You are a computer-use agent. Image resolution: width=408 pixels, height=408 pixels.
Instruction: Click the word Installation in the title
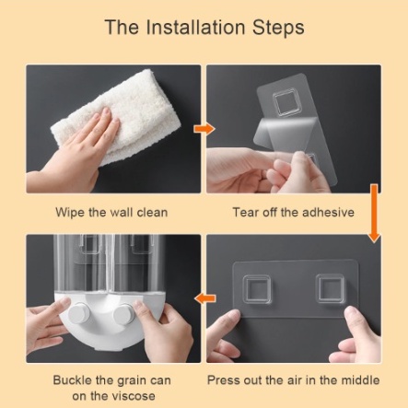195,27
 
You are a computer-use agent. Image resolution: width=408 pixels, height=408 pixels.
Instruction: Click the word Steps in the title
278,28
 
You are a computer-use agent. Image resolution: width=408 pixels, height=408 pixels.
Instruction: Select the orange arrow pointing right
204,129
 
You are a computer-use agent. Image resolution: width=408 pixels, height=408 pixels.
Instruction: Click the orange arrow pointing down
374,214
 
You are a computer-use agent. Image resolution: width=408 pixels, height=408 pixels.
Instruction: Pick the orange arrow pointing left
205,298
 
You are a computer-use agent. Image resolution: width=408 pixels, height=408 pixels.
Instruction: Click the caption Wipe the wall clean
111,213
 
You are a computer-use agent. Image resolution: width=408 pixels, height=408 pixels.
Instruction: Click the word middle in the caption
360,380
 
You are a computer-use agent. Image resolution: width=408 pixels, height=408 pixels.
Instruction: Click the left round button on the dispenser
79,312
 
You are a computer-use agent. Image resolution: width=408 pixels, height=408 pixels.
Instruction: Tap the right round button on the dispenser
124,314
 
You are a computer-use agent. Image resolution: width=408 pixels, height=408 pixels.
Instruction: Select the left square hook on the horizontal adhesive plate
257,290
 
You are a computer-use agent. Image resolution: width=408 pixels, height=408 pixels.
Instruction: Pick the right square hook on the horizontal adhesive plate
330,288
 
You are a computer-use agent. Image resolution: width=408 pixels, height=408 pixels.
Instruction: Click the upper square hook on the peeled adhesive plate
286,103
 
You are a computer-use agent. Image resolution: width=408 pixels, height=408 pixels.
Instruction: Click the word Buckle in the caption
73,380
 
